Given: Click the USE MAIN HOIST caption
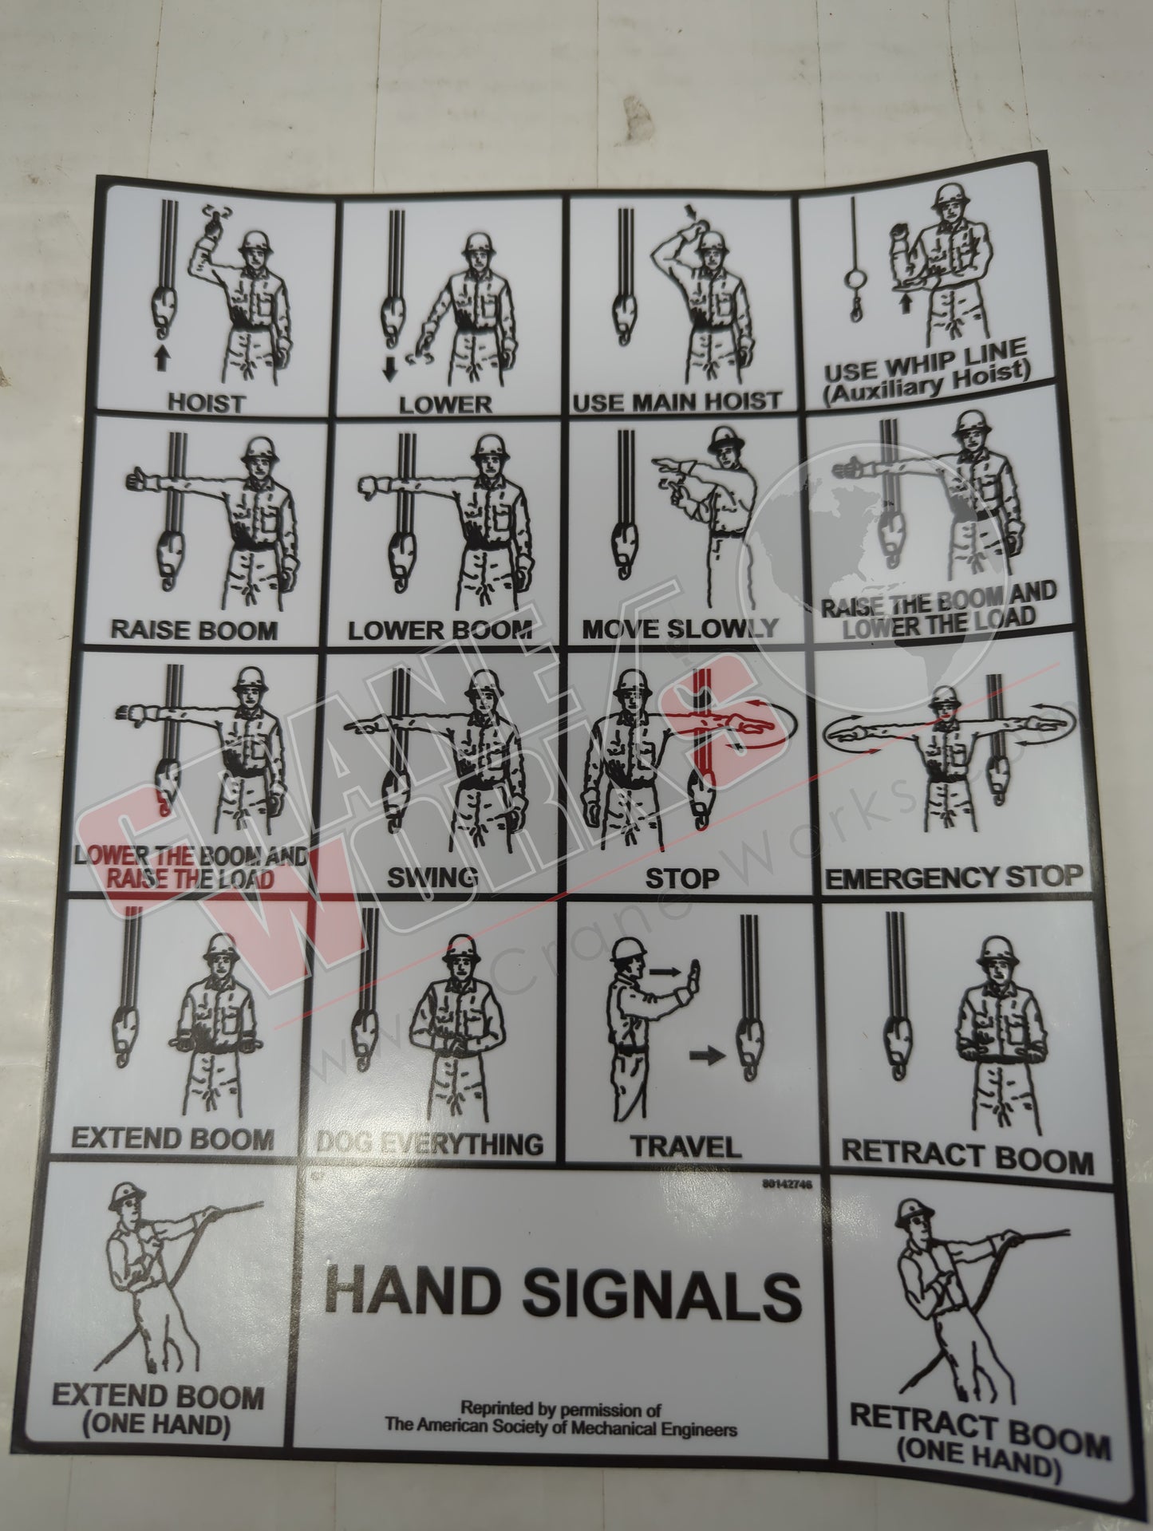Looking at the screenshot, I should point(676,400).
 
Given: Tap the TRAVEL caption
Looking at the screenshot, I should point(685,1146).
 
